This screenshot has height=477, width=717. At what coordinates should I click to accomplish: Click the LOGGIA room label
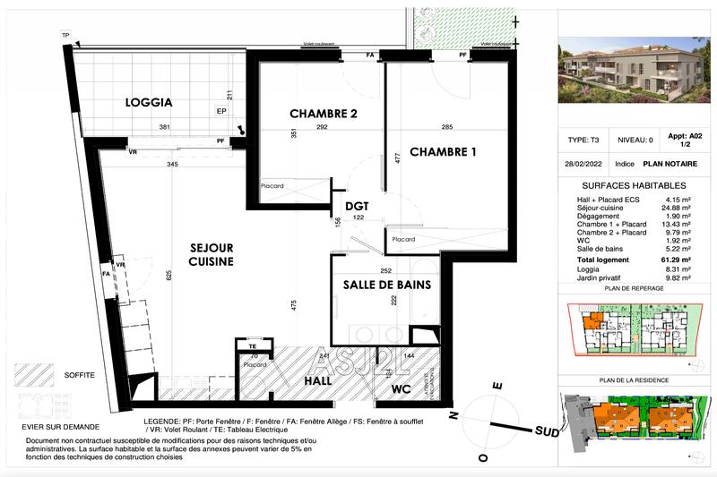pyautogui.click(x=148, y=104)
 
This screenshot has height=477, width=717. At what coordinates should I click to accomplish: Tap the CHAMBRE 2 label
pyautogui.click(x=324, y=114)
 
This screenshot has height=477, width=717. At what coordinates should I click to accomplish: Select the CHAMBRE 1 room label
pyautogui.click(x=443, y=152)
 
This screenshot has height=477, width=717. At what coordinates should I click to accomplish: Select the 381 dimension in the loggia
pyautogui.click(x=165, y=127)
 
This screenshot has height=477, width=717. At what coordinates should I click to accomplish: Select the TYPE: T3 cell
pyautogui.click(x=583, y=141)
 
